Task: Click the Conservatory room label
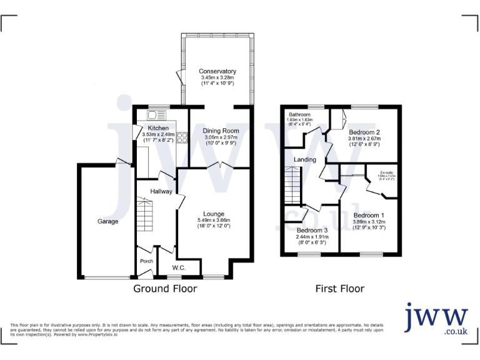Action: click(217, 71)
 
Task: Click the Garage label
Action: click(107, 221)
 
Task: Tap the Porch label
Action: click(146, 261)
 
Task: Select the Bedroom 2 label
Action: click(365, 132)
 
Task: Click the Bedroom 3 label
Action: click(312, 230)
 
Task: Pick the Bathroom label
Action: click(299, 115)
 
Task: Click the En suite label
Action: click(388, 172)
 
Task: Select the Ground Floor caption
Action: click(165, 289)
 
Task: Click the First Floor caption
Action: click(339, 289)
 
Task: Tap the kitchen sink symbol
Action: click(157, 115)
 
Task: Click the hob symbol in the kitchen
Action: click(183, 137)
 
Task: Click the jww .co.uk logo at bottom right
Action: click(436, 320)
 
